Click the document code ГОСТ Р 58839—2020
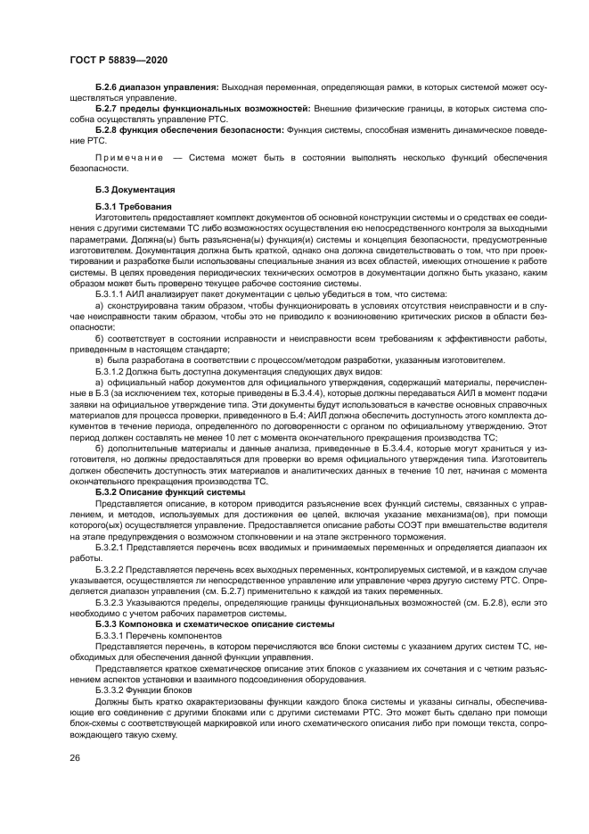coord(119,60)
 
